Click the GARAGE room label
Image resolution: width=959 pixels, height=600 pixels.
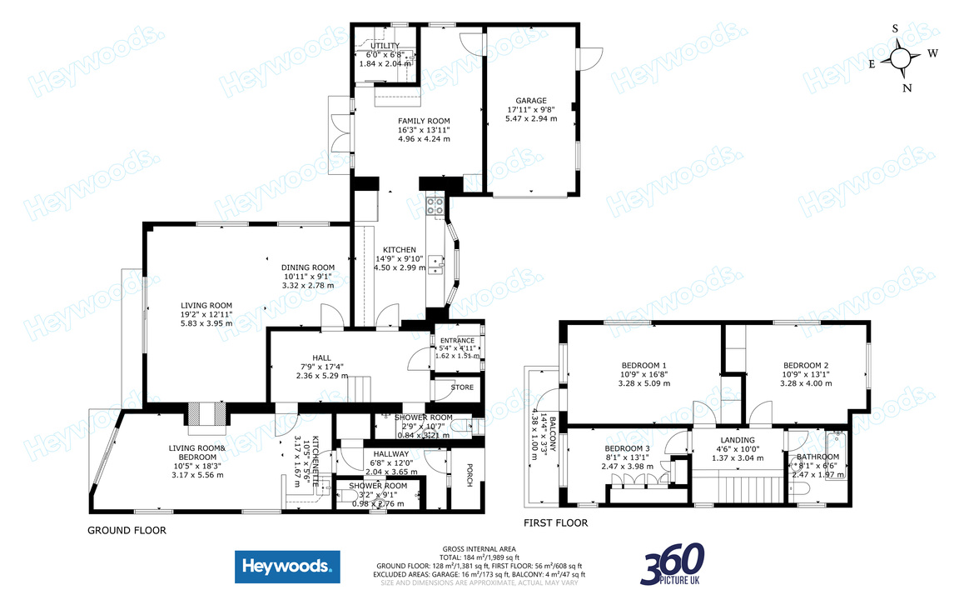(530, 99)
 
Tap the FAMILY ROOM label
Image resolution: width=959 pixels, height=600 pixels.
(423, 121)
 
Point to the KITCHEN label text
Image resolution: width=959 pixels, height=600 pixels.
(399, 250)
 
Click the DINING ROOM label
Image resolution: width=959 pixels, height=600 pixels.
(308, 267)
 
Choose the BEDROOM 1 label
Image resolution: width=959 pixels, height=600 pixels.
(643, 365)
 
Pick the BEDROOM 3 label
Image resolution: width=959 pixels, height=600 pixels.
(627, 447)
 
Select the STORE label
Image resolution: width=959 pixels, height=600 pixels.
(462, 387)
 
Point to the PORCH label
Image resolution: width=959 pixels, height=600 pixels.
(469, 474)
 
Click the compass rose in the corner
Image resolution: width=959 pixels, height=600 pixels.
(901, 57)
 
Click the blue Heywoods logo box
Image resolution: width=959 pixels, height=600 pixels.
(287, 568)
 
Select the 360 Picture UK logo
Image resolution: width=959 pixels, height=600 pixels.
(673, 564)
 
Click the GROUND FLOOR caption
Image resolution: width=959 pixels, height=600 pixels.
(127, 530)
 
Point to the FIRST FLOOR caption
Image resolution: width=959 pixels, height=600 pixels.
(555, 523)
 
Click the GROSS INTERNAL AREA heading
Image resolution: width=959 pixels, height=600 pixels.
(480, 549)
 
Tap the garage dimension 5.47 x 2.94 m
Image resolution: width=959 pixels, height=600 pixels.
(530, 118)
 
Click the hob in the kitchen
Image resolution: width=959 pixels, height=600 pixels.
(435, 206)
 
